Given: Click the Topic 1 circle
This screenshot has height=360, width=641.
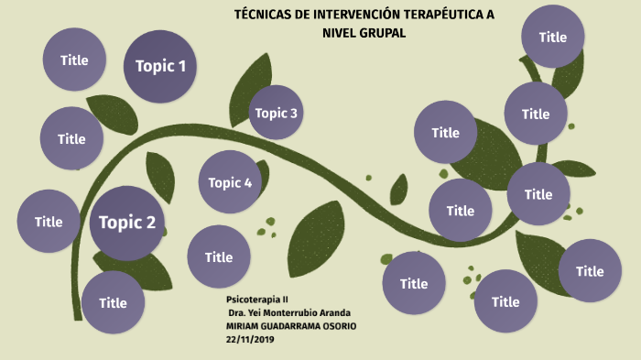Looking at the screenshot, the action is pyautogui.click(x=159, y=66).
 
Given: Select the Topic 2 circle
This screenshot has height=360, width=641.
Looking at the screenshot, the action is pyautogui.click(x=126, y=223).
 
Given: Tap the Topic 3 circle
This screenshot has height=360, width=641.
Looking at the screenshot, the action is pyautogui.click(x=276, y=113).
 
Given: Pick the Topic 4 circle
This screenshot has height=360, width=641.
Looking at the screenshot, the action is pyautogui.click(x=229, y=182).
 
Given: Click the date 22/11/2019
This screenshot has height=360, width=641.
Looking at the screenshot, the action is pyautogui.click(x=250, y=339).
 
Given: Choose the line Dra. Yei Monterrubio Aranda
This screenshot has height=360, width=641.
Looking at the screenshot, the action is pyautogui.click(x=288, y=312).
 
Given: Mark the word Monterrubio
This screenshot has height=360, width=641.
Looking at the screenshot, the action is pyautogui.click(x=295, y=312).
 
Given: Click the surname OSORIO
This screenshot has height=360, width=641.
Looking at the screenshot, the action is pyautogui.click(x=337, y=326).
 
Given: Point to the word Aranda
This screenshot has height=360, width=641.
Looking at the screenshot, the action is pyautogui.click(x=335, y=312).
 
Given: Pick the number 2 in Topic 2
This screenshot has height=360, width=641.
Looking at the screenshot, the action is pyautogui.click(x=150, y=223).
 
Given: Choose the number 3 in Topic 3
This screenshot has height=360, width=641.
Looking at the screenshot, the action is pyautogui.click(x=293, y=113).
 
